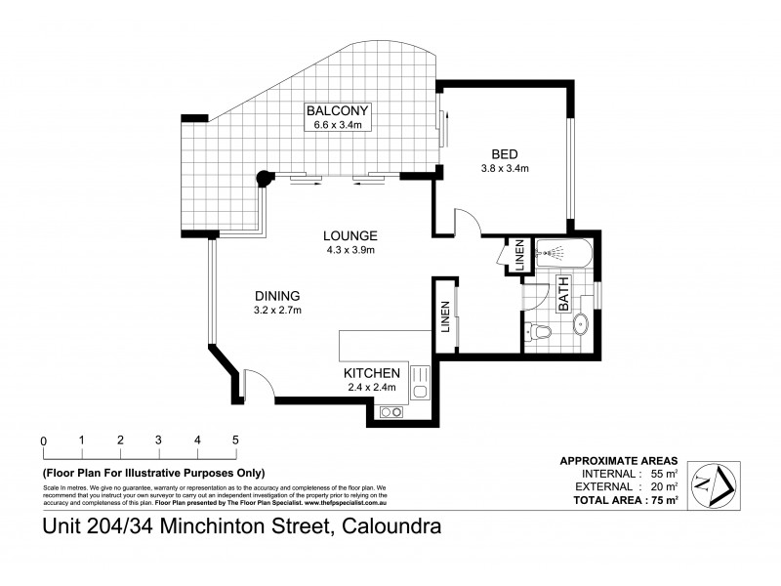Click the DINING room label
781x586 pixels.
click(276, 296)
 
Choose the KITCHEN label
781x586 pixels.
click(371, 373)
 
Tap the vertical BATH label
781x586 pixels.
click(563, 294)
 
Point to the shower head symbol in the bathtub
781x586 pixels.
click(555, 254)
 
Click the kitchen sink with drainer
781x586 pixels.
click(420, 383)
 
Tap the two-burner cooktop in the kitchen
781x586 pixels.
click(390, 412)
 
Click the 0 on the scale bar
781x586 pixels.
click(43, 440)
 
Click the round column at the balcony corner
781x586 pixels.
click(262, 178)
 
